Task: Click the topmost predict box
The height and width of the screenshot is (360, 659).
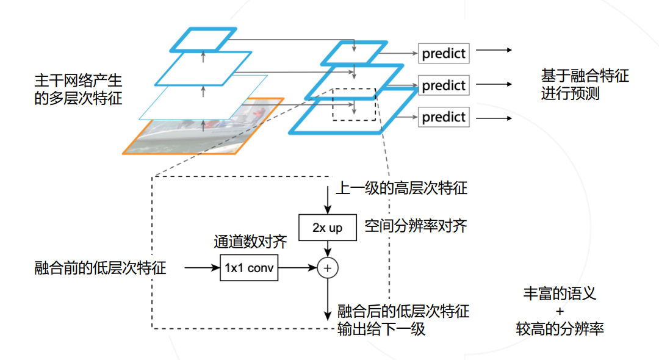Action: click(444, 53)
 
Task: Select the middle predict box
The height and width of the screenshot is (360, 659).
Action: click(444, 85)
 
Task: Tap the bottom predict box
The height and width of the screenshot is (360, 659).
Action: click(444, 117)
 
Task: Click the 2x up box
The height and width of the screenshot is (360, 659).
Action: click(328, 228)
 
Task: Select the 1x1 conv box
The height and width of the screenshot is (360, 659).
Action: click(249, 268)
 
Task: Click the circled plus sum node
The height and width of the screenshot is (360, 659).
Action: click(328, 268)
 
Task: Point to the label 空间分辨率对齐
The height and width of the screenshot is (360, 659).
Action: click(416, 226)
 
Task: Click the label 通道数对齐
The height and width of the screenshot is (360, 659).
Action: click(250, 242)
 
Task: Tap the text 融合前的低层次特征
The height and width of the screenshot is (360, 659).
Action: click(100, 268)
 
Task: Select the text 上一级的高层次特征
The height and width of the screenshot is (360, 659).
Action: click(402, 188)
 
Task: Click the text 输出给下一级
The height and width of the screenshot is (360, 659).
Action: click(381, 329)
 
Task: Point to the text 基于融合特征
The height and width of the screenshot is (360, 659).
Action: click(585, 76)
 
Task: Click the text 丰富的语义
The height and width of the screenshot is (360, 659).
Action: click(560, 293)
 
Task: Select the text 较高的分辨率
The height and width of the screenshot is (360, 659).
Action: click(560, 329)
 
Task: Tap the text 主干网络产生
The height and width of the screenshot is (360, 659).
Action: click(78, 80)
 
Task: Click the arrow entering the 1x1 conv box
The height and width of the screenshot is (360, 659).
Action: click(202, 268)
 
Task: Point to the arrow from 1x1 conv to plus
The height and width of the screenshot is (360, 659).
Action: click(298, 268)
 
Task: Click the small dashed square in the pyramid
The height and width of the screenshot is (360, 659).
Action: click(355, 104)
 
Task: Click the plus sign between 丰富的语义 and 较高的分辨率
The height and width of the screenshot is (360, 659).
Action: click(560, 311)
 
